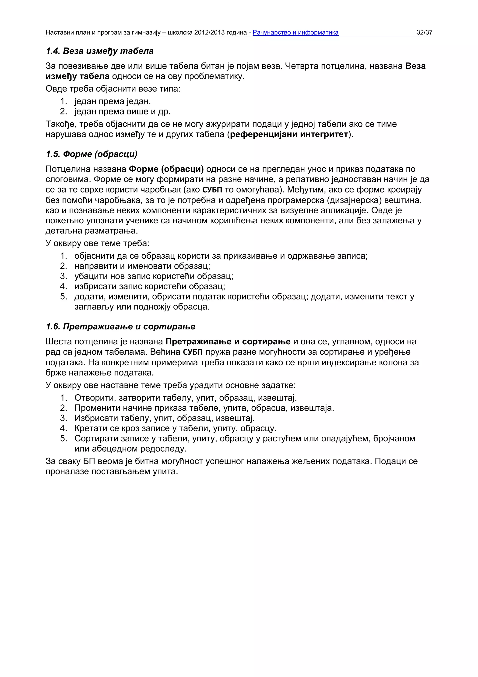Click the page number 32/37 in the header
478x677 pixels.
[424, 32]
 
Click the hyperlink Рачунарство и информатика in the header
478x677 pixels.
[295, 32]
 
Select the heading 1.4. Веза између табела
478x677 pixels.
[100, 51]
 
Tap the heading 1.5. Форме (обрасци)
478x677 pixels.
[91, 154]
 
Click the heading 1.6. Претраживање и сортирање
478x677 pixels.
[120, 327]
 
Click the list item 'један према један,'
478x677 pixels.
[112, 101]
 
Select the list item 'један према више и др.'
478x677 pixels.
[122, 111]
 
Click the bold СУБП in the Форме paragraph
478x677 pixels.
[212, 190]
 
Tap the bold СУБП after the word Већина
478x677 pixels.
[193, 352]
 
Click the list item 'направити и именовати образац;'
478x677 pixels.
[142, 266]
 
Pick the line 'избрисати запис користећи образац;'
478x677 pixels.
[150, 286]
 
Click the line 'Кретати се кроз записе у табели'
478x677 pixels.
[175, 428]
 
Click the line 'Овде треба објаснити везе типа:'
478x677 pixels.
[113, 89]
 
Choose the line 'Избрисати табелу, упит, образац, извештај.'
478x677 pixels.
[164, 418]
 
